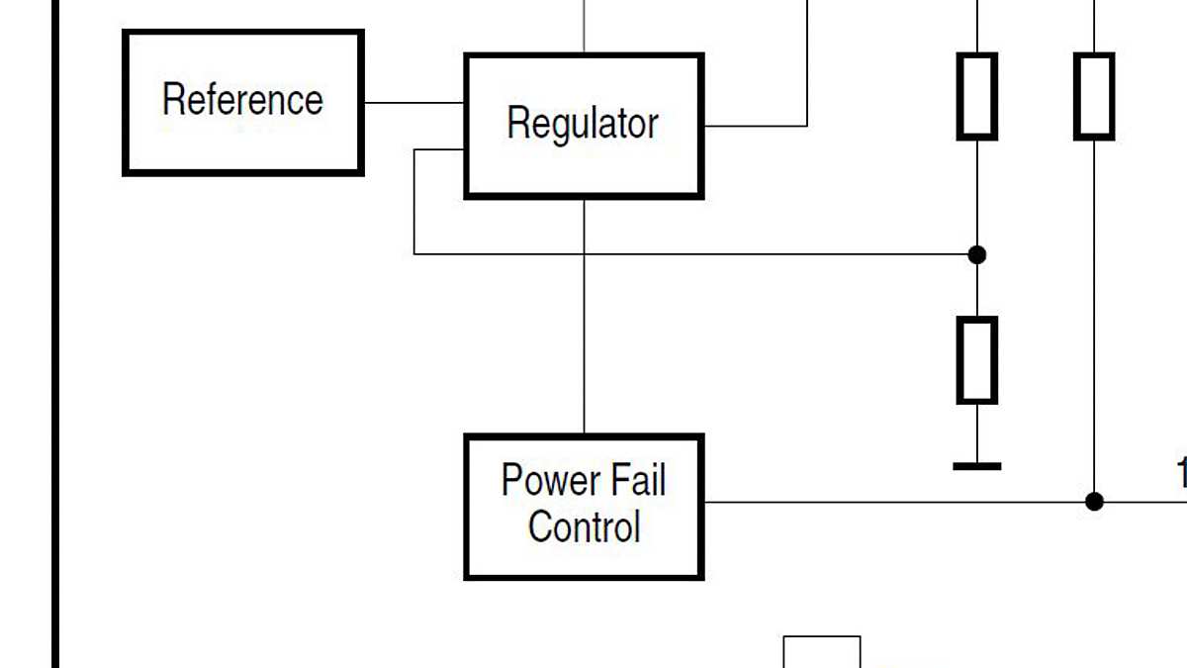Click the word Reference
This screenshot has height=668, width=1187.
tap(242, 100)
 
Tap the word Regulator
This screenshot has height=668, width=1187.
tap(583, 125)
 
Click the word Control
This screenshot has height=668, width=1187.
tap(584, 526)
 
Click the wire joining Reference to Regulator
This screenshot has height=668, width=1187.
tap(413, 102)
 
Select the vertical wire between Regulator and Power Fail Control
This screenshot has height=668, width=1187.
tap(584, 317)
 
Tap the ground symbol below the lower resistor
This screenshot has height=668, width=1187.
tap(977, 465)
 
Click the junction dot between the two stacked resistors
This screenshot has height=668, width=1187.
tap(977, 254)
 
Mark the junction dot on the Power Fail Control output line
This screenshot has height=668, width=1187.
tap(1094, 502)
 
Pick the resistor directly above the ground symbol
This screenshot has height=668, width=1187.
tap(977, 360)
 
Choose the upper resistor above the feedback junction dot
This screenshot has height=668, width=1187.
tap(977, 96)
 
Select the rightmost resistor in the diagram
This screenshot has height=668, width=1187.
tap(1094, 96)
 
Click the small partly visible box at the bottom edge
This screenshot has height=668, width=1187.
tap(822, 653)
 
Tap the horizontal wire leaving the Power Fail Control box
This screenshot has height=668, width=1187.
tap(890, 502)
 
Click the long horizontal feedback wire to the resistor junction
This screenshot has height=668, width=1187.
tap(692, 254)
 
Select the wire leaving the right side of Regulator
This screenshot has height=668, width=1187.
tap(757, 126)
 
